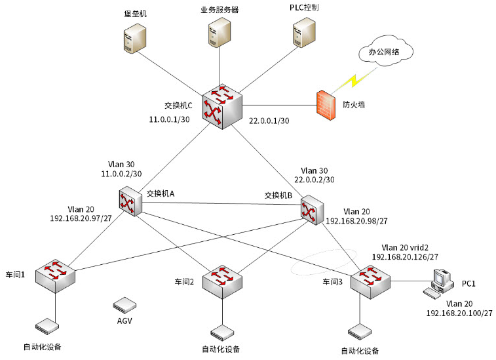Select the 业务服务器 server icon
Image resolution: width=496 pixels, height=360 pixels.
(219, 34)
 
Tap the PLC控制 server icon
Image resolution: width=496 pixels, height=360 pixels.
(303, 33)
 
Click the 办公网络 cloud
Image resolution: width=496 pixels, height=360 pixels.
(385, 52)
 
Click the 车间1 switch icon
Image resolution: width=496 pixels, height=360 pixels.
(55, 275)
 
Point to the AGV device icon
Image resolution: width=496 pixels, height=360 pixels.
(124, 305)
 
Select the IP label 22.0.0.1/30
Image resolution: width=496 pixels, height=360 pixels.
(269, 121)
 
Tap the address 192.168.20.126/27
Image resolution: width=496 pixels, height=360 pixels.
(405, 257)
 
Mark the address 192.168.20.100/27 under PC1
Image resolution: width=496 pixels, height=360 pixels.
(459, 314)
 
